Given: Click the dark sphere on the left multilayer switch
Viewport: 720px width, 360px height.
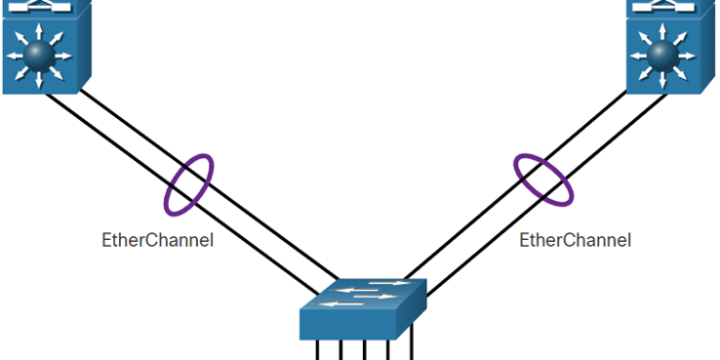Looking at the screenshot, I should tap(39, 55).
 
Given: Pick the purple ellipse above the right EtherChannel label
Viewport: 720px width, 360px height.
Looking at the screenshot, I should tap(544, 176).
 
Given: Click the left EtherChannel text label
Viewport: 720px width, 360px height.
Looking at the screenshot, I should tap(157, 240).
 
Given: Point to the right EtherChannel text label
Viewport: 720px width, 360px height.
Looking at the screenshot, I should tap(575, 240).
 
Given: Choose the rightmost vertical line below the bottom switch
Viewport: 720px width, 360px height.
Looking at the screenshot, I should tap(411, 348).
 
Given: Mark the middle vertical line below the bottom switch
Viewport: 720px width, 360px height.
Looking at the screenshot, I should tap(364, 350).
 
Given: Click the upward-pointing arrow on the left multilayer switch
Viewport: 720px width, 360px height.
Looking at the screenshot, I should tap(39, 29).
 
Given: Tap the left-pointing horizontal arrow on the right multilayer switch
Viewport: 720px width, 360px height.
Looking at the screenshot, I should tap(636, 55).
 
